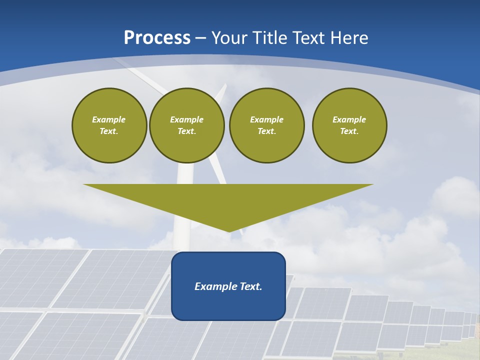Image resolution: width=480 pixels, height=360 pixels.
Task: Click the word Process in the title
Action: (157, 38)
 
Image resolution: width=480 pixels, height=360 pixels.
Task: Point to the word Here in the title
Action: (349, 38)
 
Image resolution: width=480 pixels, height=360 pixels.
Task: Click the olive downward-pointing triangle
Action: (228, 200)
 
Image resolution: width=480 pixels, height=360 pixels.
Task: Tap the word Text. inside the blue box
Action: (250, 286)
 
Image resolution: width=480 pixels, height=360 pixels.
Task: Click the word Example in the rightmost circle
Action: (349, 119)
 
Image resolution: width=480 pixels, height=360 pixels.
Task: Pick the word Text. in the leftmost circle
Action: (109, 131)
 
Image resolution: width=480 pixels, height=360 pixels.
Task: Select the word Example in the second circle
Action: (186, 119)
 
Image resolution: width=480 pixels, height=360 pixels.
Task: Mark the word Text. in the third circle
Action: (266, 131)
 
